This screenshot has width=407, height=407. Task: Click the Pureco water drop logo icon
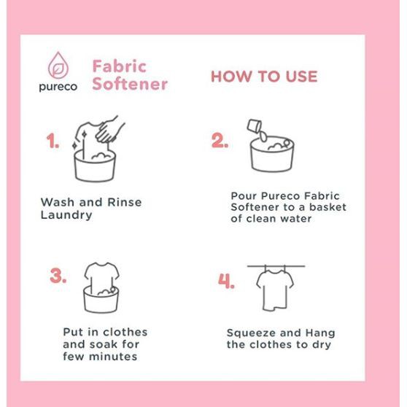point(58,66)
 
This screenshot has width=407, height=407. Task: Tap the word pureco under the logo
point(58,87)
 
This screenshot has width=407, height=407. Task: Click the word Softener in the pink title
point(130,84)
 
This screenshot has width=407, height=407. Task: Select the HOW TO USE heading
point(264,77)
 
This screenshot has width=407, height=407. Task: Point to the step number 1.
point(53,142)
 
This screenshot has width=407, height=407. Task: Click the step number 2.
point(220,141)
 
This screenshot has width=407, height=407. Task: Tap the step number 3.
point(58,276)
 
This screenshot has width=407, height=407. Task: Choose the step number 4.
point(226,281)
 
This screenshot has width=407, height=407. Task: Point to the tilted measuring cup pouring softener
point(255,126)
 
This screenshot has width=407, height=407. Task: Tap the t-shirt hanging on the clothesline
point(275,290)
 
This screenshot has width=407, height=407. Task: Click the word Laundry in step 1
point(66,215)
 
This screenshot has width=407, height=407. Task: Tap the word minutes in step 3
point(113,357)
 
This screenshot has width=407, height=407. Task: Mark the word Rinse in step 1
point(125,202)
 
